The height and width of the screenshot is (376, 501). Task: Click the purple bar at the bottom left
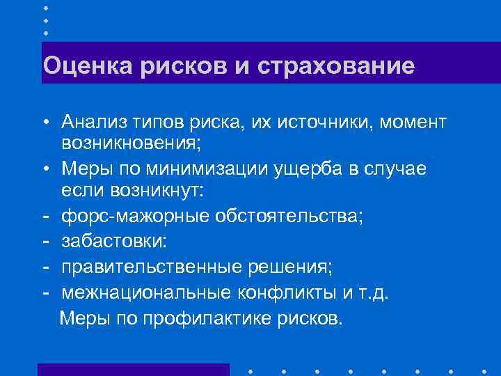(x=133, y=369)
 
